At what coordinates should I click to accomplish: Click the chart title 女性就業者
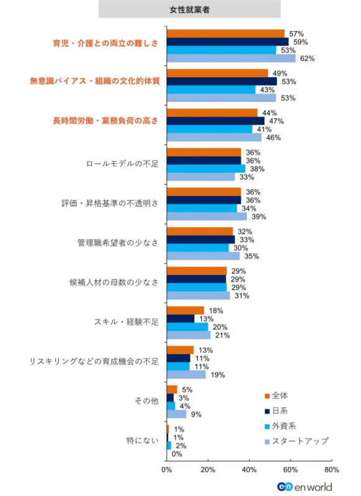189,9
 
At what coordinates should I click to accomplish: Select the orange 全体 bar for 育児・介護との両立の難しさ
225,33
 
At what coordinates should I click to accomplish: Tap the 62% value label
308,59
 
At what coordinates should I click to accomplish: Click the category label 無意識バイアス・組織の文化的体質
95,82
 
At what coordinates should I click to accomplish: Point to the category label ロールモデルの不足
122,164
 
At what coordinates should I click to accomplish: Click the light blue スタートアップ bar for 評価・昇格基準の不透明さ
207,216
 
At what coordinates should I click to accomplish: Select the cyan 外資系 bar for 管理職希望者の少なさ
197,248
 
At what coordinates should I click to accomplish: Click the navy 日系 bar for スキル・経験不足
180,319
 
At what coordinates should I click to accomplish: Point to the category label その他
146,401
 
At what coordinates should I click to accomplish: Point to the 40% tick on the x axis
249,469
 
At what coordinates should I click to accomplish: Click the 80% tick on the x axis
331,469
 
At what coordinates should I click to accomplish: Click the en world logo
305,487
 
